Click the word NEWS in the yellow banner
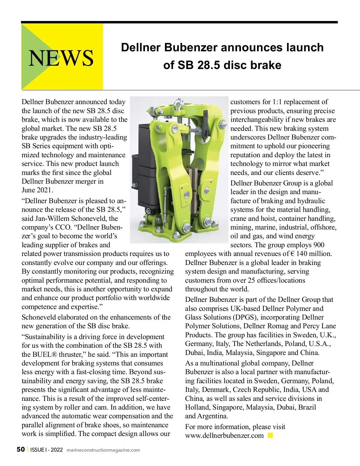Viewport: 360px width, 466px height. pos(61,58)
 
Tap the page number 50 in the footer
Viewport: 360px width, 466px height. pos(20,449)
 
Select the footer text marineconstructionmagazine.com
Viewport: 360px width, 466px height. pos(103,450)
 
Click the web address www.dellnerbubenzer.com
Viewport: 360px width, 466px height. pos(224,435)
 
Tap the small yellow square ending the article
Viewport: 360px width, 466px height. pos(270,435)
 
